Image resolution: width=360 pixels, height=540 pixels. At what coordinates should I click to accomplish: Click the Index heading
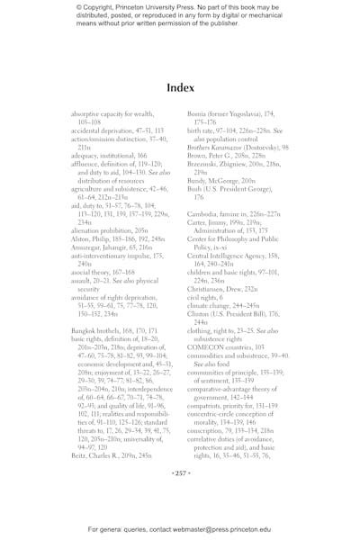(180, 87)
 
